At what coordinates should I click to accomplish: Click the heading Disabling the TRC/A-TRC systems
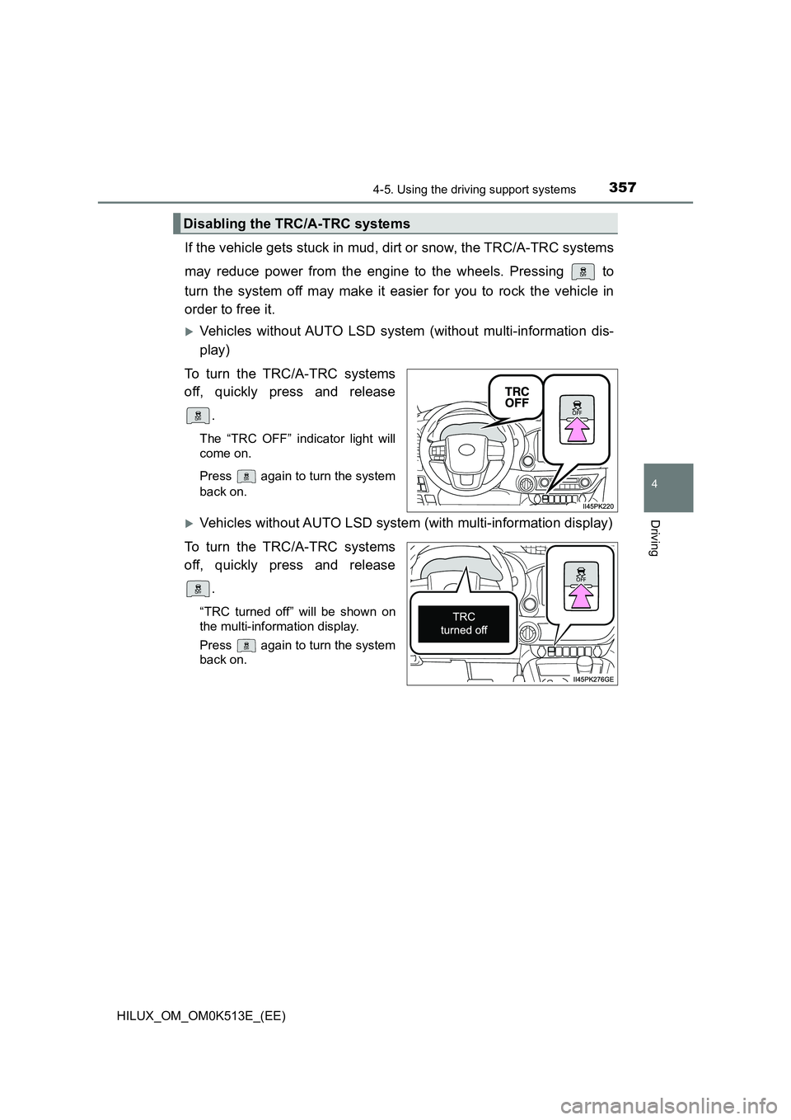pos(296,224)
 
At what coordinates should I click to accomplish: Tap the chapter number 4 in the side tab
pos(676,479)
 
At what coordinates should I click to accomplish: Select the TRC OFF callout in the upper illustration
pos(517,397)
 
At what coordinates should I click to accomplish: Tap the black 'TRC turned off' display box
pos(463,624)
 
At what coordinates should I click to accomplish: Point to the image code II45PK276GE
pos(593,679)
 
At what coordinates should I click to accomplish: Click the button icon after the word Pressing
pos(583,271)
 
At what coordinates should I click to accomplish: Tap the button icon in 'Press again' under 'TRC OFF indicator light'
pos(246,476)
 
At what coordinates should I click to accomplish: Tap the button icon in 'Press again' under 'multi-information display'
pos(246,645)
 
